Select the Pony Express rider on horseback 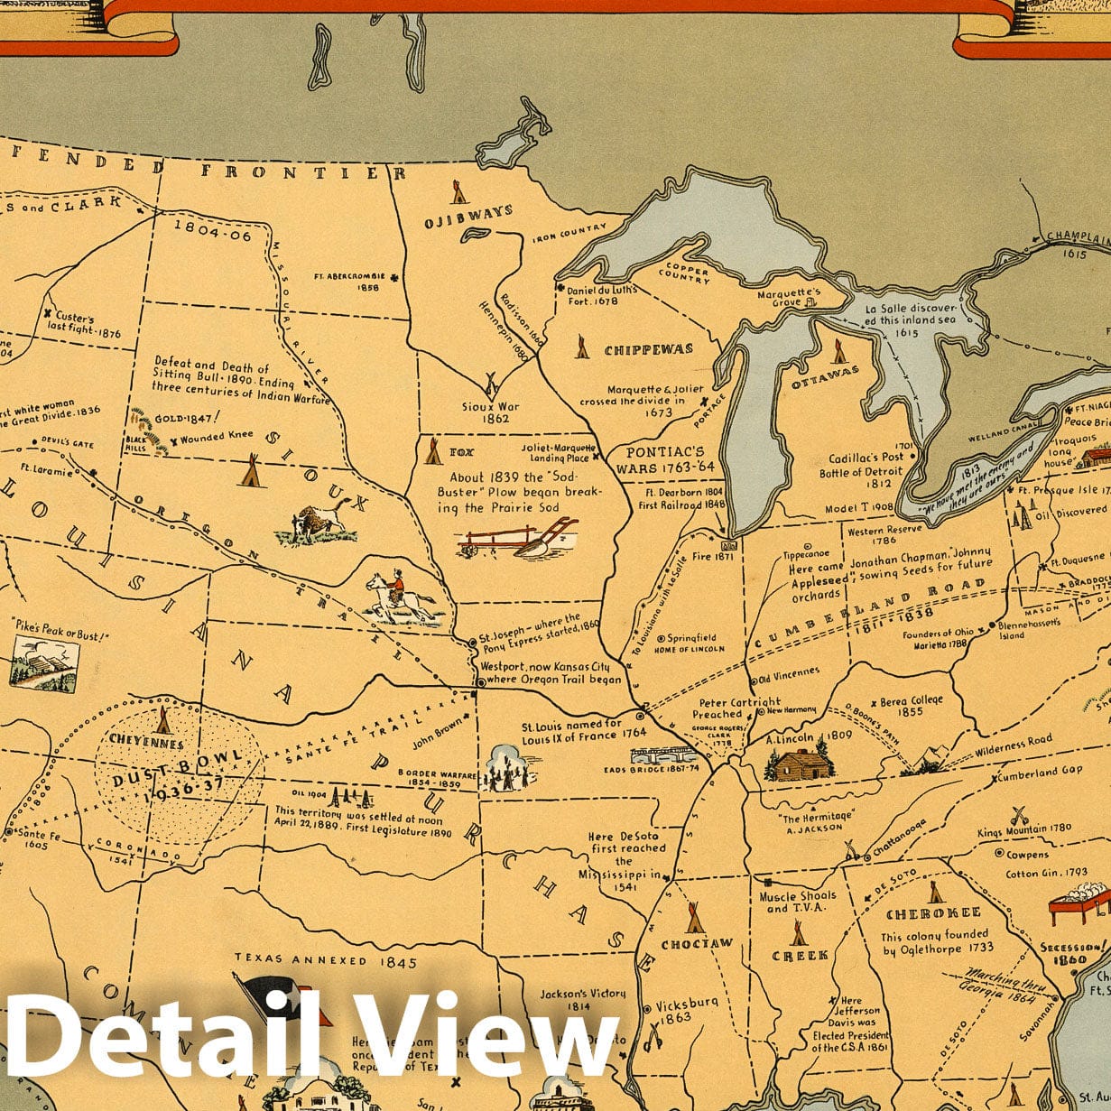[398, 597]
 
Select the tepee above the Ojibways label [458, 190]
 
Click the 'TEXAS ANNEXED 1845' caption [326, 962]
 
